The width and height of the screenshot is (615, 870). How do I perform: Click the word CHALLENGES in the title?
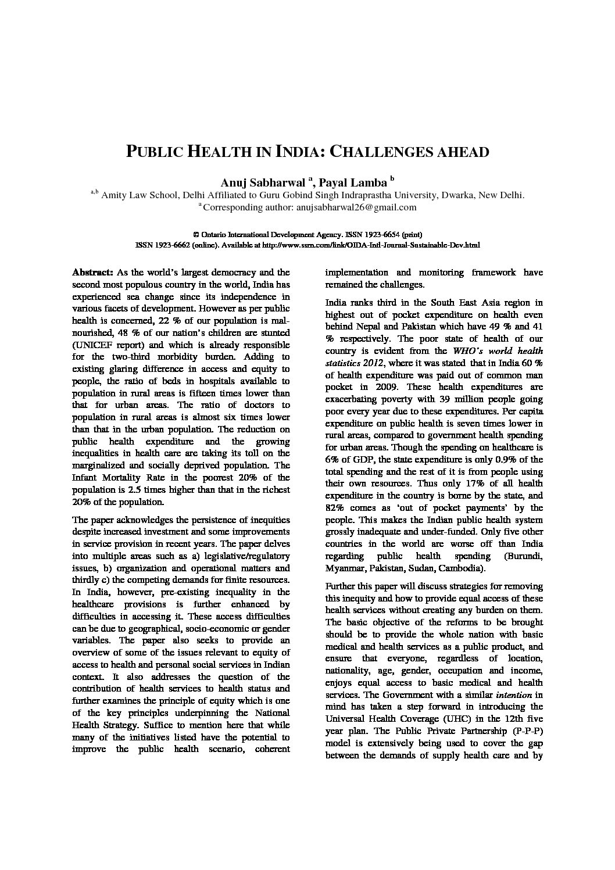tap(384, 152)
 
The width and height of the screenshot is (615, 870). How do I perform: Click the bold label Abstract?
tap(92, 272)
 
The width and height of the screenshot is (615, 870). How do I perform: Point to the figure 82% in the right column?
tap(335, 507)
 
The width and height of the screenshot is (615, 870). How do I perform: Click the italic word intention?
tap(513, 694)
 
